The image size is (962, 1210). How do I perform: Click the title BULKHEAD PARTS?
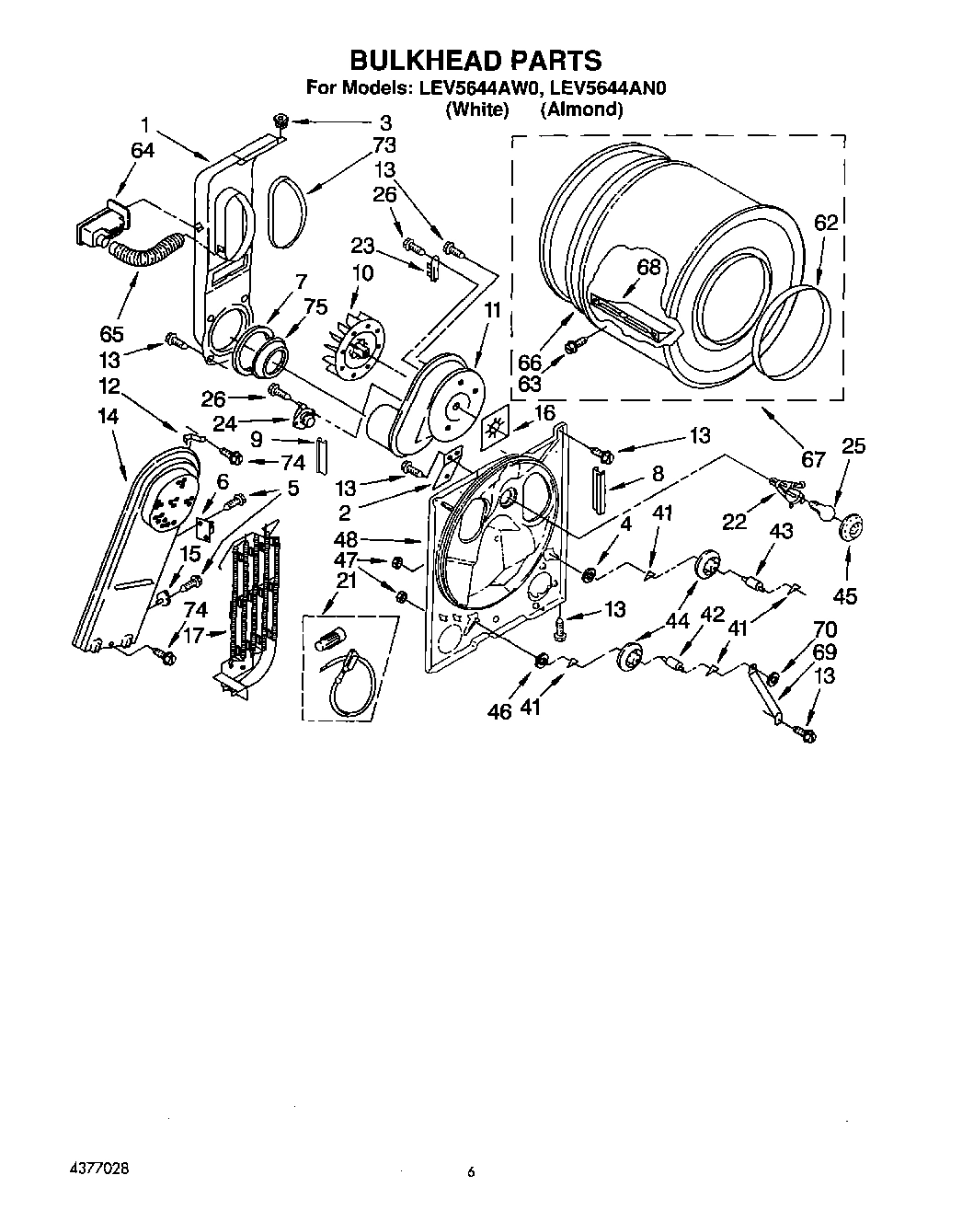click(x=475, y=61)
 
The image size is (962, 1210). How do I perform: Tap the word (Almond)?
click(x=581, y=109)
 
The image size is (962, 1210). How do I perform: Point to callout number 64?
click(x=143, y=150)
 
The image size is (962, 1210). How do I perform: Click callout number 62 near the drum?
click(x=826, y=222)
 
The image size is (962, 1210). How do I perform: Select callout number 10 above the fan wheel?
click(x=362, y=273)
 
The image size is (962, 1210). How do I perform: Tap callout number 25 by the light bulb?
click(x=853, y=446)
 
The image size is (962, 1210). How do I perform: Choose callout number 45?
click(x=844, y=595)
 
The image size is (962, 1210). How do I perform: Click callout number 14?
click(x=108, y=416)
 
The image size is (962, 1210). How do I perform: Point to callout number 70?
click(x=825, y=629)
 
